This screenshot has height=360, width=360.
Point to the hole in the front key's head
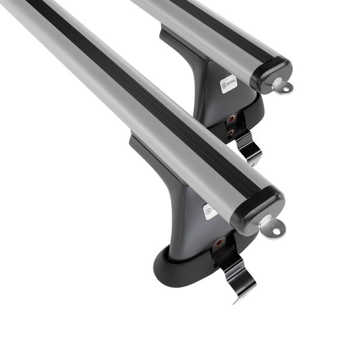point(275,229)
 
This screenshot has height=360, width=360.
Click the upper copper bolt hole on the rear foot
point(231,119)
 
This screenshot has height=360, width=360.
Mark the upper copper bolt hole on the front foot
point(219,242)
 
